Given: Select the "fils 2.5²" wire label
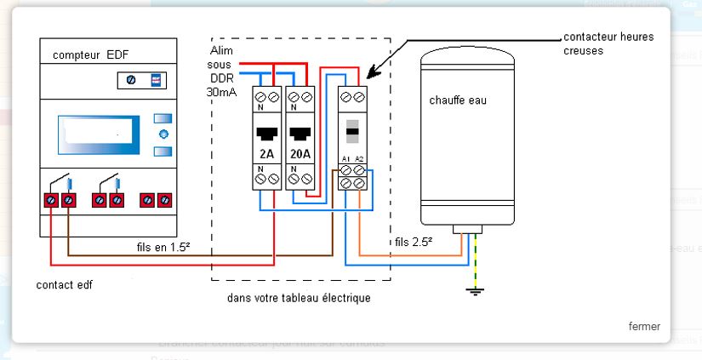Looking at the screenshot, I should (414, 242).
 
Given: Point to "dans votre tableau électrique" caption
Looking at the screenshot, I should (300, 299).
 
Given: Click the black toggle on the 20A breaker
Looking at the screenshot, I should (300, 134).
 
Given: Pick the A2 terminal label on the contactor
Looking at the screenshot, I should (361, 158).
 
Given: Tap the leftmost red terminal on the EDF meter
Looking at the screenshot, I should (52, 200).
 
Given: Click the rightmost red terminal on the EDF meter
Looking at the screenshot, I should (164, 200).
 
